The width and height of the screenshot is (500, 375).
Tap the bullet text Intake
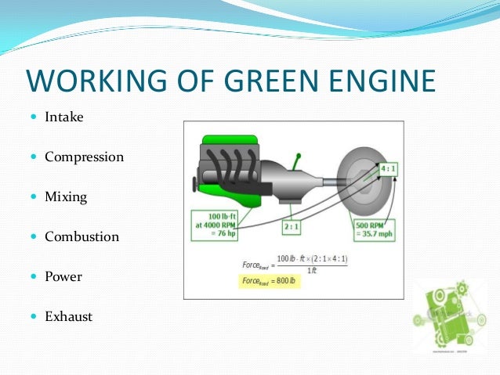63,117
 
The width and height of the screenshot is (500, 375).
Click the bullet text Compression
84,157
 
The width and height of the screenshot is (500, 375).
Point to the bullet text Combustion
82,236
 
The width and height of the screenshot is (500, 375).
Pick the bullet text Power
63,276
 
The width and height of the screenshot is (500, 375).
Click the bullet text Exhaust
68,316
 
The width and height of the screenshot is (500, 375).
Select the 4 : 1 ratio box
387,169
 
